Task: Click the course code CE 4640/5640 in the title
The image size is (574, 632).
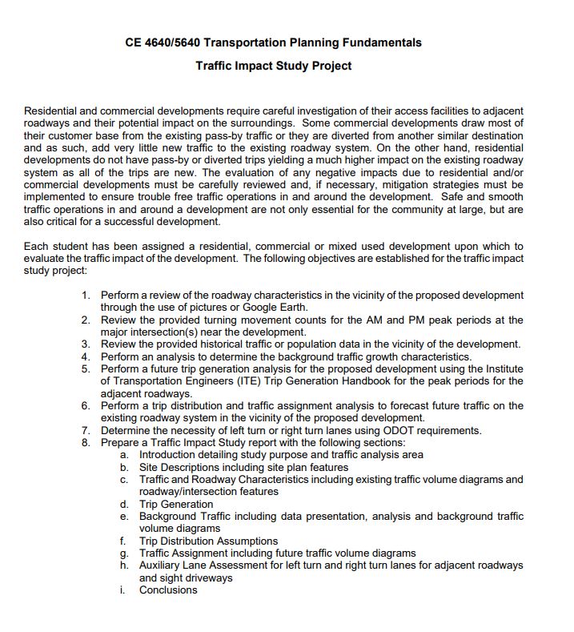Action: (166, 42)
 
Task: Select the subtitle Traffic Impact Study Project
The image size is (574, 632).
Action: (273, 66)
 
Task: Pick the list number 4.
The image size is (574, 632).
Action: (86, 356)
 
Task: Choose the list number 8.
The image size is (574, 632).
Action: (86, 442)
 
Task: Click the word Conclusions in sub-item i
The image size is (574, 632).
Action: (168, 590)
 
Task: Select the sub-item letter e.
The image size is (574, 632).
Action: (125, 517)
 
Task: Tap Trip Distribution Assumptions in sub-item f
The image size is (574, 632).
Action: (208, 541)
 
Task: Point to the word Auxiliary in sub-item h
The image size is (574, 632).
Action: (162, 566)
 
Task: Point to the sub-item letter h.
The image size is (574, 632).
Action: (125, 566)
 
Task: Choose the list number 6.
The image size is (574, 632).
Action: (86, 405)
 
